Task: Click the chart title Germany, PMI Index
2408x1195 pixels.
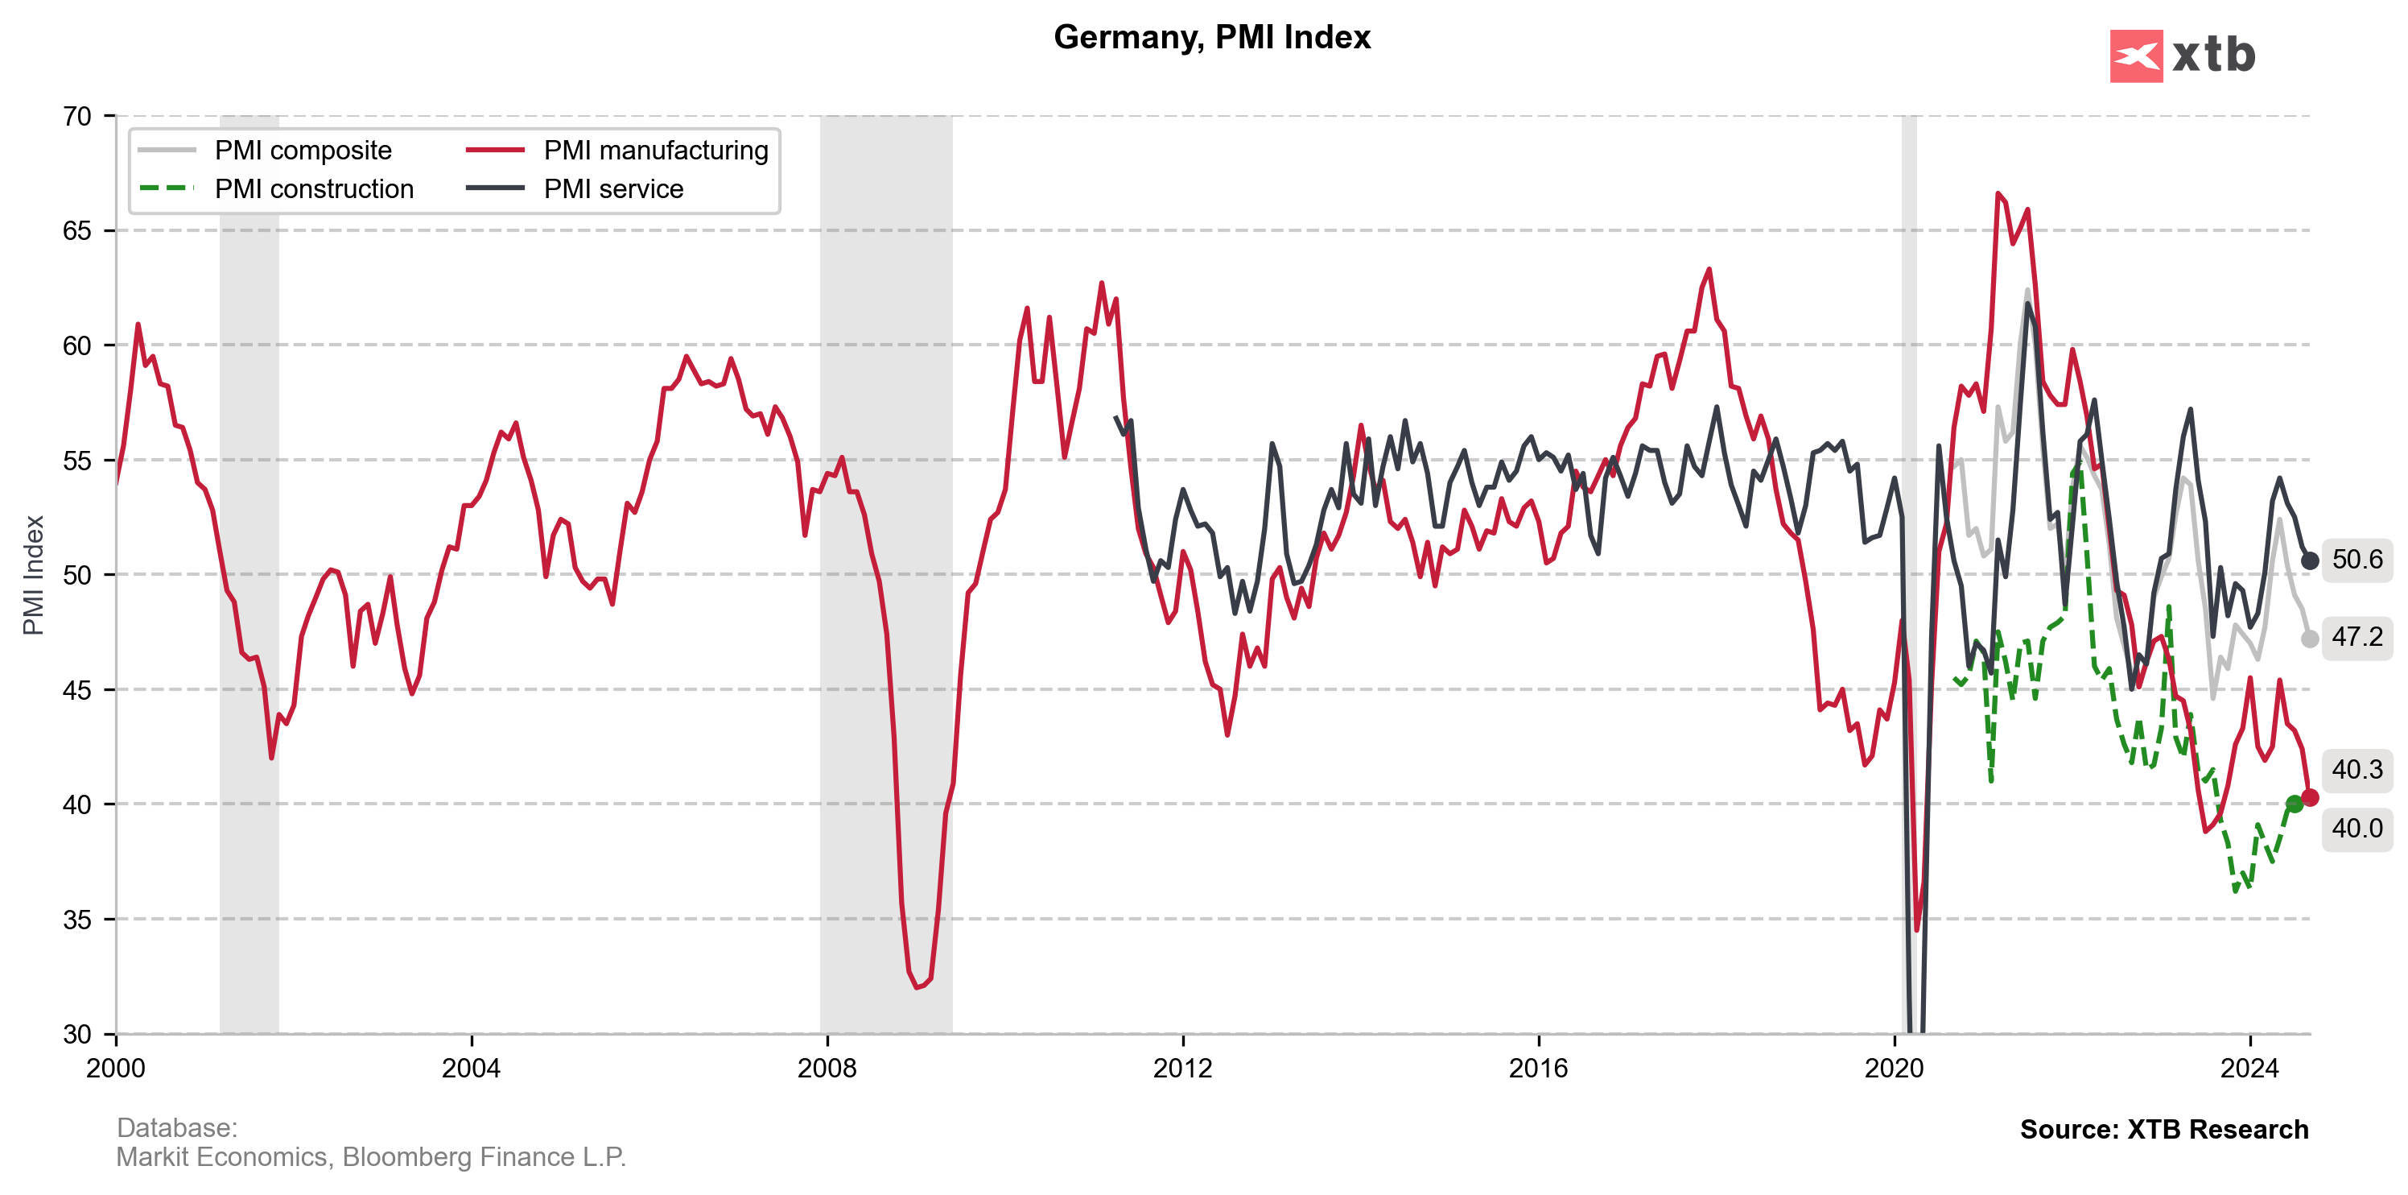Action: [1211, 37]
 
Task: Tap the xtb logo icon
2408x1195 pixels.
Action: [2135, 56]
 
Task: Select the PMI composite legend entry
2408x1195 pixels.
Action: [303, 151]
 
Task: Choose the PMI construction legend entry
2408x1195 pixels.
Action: [313, 189]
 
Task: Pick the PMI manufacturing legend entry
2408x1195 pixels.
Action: [655, 151]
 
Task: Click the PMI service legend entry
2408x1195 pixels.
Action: [613, 189]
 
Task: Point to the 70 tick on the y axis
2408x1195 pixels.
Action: [76, 117]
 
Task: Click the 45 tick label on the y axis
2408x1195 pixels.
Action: [76, 690]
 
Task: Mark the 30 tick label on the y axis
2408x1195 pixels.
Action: [76, 1034]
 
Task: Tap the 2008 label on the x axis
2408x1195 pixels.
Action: [827, 1068]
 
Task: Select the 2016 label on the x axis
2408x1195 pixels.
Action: [1538, 1068]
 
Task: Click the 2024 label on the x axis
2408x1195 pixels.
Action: [2249, 1068]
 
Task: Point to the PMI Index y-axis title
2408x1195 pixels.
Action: [34, 575]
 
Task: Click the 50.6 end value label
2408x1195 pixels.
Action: [2356, 559]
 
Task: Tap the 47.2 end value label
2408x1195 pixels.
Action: [2356, 637]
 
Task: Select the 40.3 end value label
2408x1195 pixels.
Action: [2356, 770]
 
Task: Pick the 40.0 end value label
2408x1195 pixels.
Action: [2356, 829]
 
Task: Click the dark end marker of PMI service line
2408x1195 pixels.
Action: [2309, 561]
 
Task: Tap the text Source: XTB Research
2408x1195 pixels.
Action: [2163, 1130]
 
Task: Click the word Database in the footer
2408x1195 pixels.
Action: [175, 1127]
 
